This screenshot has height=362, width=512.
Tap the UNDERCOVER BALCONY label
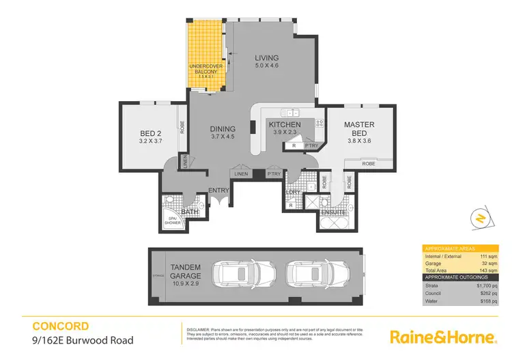pos(206,68)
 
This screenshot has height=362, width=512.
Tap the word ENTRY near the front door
pos(218,191)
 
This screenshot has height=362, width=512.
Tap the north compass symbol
pos(480,218)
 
